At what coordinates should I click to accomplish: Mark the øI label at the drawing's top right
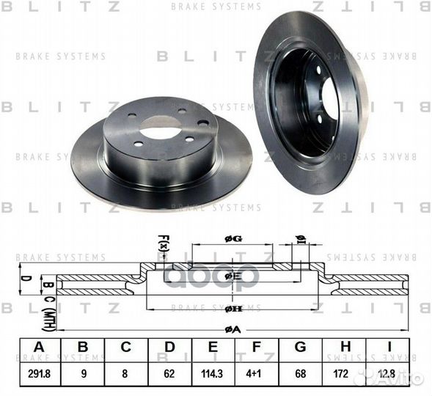(301, 238)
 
